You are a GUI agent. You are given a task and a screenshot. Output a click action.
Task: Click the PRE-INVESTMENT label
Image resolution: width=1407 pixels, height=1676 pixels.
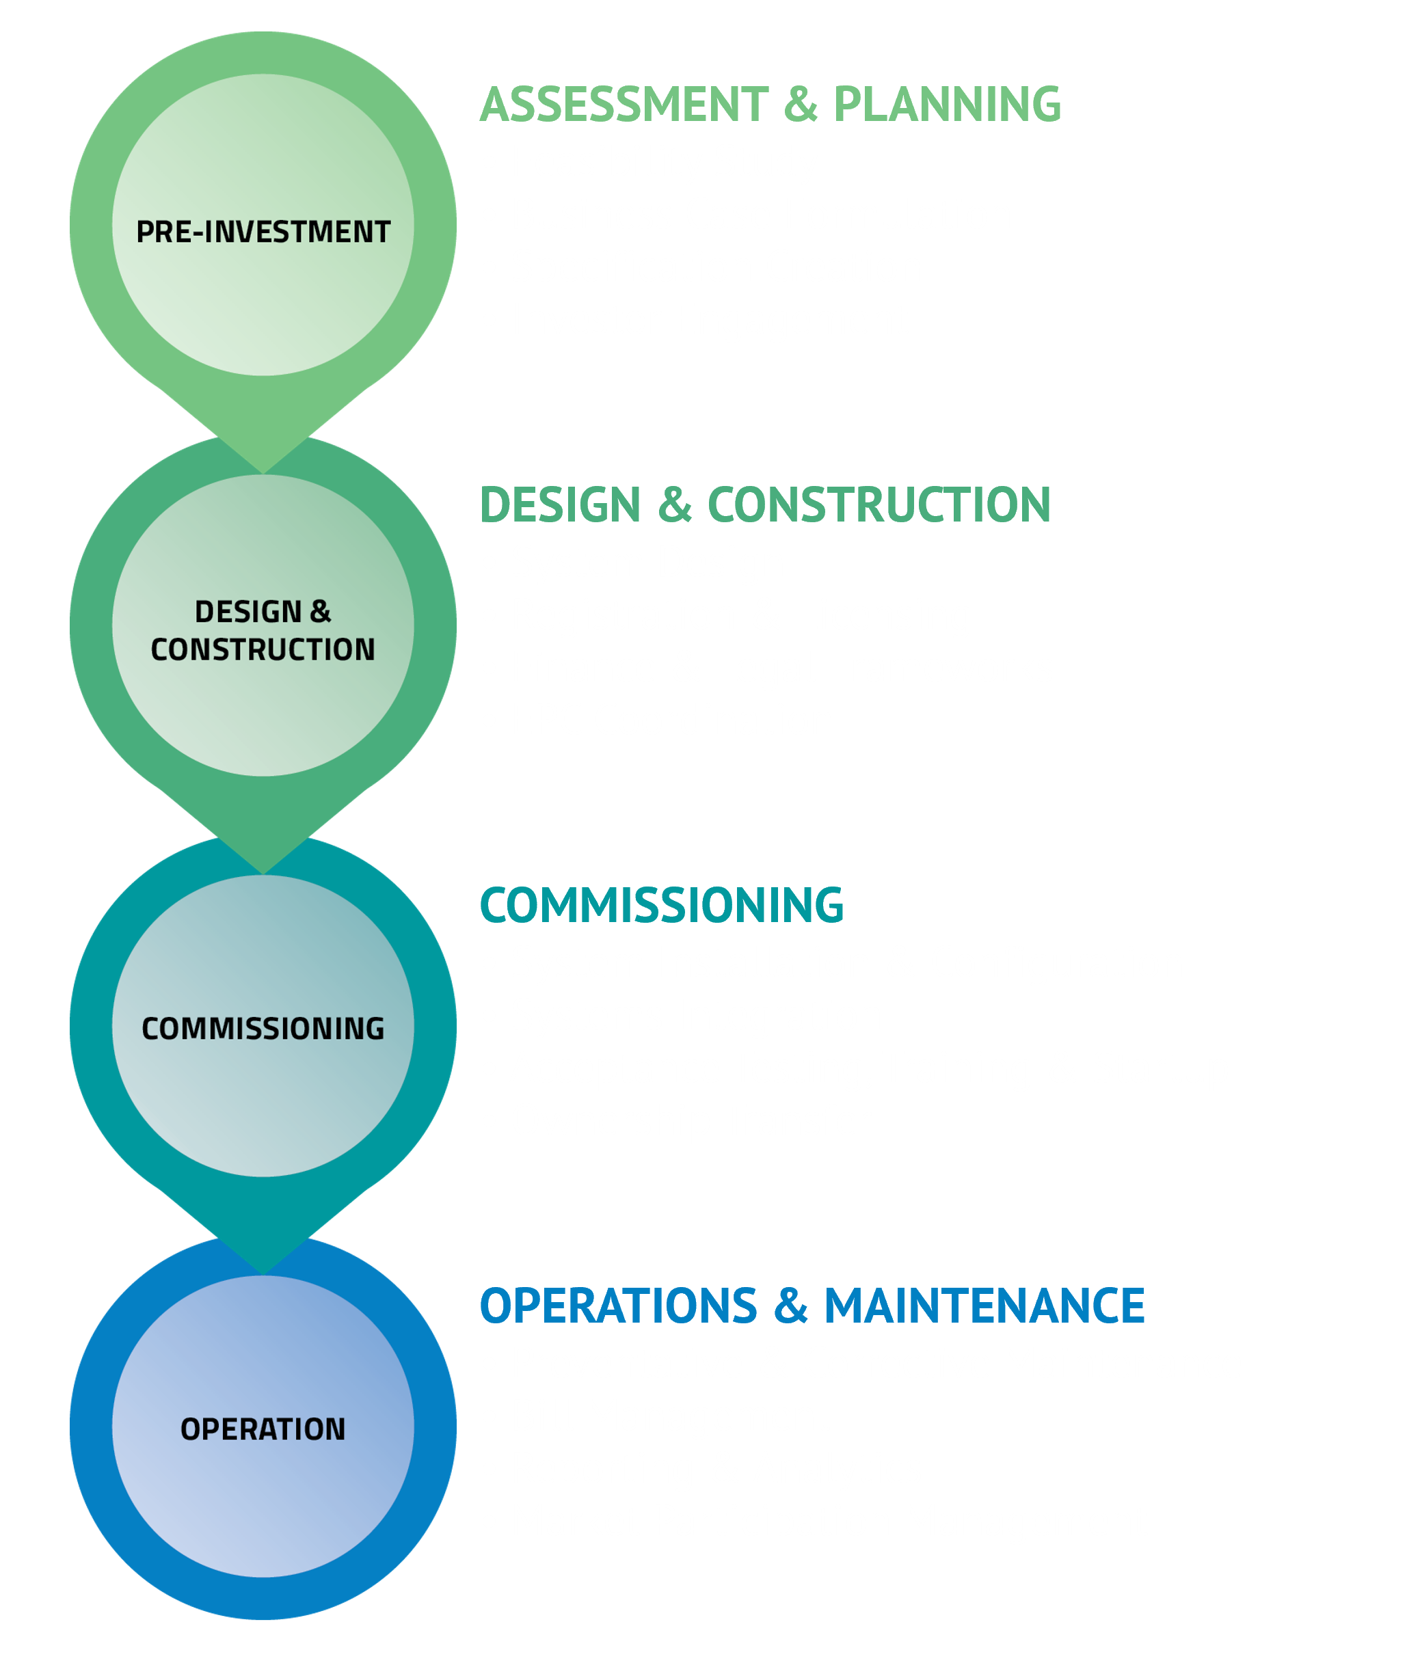263,232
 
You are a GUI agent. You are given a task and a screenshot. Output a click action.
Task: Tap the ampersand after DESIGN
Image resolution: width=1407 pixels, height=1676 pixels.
320,612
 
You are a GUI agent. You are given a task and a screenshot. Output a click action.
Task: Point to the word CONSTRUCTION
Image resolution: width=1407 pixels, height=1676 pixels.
263,649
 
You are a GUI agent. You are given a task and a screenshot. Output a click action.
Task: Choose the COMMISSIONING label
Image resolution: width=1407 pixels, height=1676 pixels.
263,1029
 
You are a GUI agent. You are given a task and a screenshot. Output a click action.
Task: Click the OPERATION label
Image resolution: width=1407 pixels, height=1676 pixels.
263,1429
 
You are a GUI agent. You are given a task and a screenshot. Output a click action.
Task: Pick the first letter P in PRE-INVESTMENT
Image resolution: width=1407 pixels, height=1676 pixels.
144,232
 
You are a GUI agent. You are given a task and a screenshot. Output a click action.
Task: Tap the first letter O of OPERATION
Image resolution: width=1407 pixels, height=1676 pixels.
190,1429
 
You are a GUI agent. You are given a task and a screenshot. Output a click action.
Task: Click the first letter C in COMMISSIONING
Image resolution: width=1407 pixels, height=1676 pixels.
150,1029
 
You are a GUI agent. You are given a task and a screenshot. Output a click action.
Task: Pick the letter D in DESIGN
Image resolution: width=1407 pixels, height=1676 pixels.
204,612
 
